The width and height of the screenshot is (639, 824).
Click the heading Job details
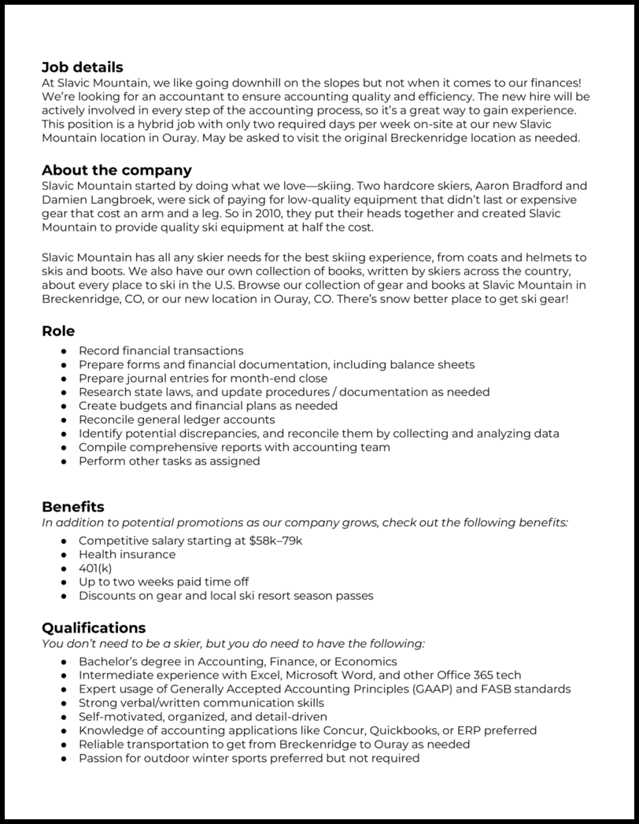click(x=82, y=68)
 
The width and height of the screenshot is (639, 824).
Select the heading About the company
click(x=116, y=170)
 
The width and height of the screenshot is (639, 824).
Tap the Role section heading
click(x=58, y=331)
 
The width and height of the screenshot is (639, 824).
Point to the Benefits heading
click(x=72, y=506)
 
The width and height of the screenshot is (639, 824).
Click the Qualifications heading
click(x=93, y=627)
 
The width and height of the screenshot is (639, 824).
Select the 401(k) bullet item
click(x=95, y=568)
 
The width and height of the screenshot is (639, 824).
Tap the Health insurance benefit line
click(x=127, y=554)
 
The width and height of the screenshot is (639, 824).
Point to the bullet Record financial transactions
click(x=161, y=351)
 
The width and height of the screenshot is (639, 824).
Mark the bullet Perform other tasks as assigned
click(x=168, y=461)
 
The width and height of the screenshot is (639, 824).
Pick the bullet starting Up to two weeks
click(x=163, y=582)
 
